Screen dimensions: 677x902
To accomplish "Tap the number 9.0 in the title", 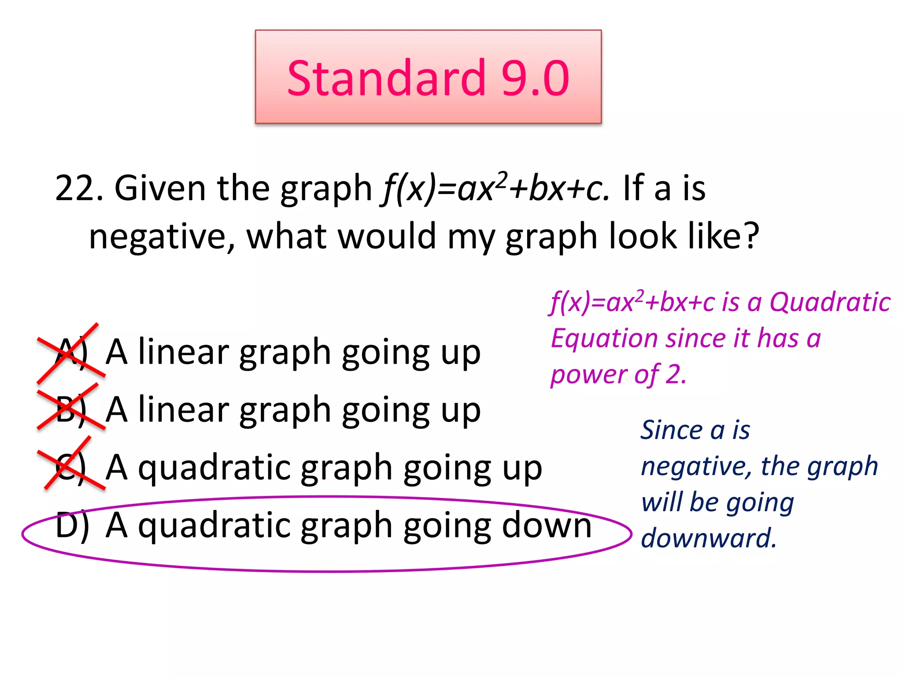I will (535, 78).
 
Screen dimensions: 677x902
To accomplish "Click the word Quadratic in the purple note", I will (830, 302).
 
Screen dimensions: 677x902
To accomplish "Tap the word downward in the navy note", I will (708, 538).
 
